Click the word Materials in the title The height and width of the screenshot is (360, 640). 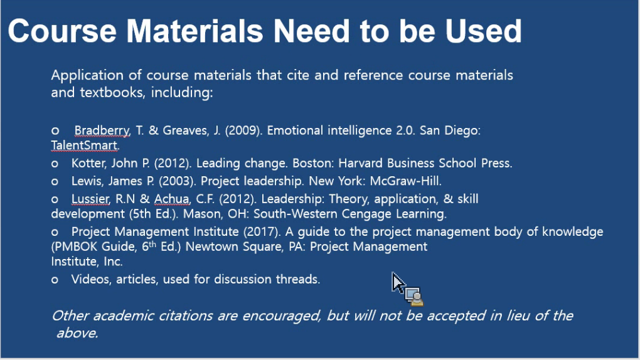[195, 31]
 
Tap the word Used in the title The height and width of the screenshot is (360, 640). [483, 31]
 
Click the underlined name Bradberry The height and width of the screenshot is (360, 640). [102, 130]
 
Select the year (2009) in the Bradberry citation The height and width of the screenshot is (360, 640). [243, 130]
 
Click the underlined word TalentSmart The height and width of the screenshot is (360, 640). [85, 146]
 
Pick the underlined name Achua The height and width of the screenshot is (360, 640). [172, 199]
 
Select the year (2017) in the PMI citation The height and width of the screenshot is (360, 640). [262, 232]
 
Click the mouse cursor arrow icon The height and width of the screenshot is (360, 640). [398, 282]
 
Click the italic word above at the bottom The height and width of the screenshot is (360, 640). [77, 333]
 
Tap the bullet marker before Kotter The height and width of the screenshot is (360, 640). [55, 164]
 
